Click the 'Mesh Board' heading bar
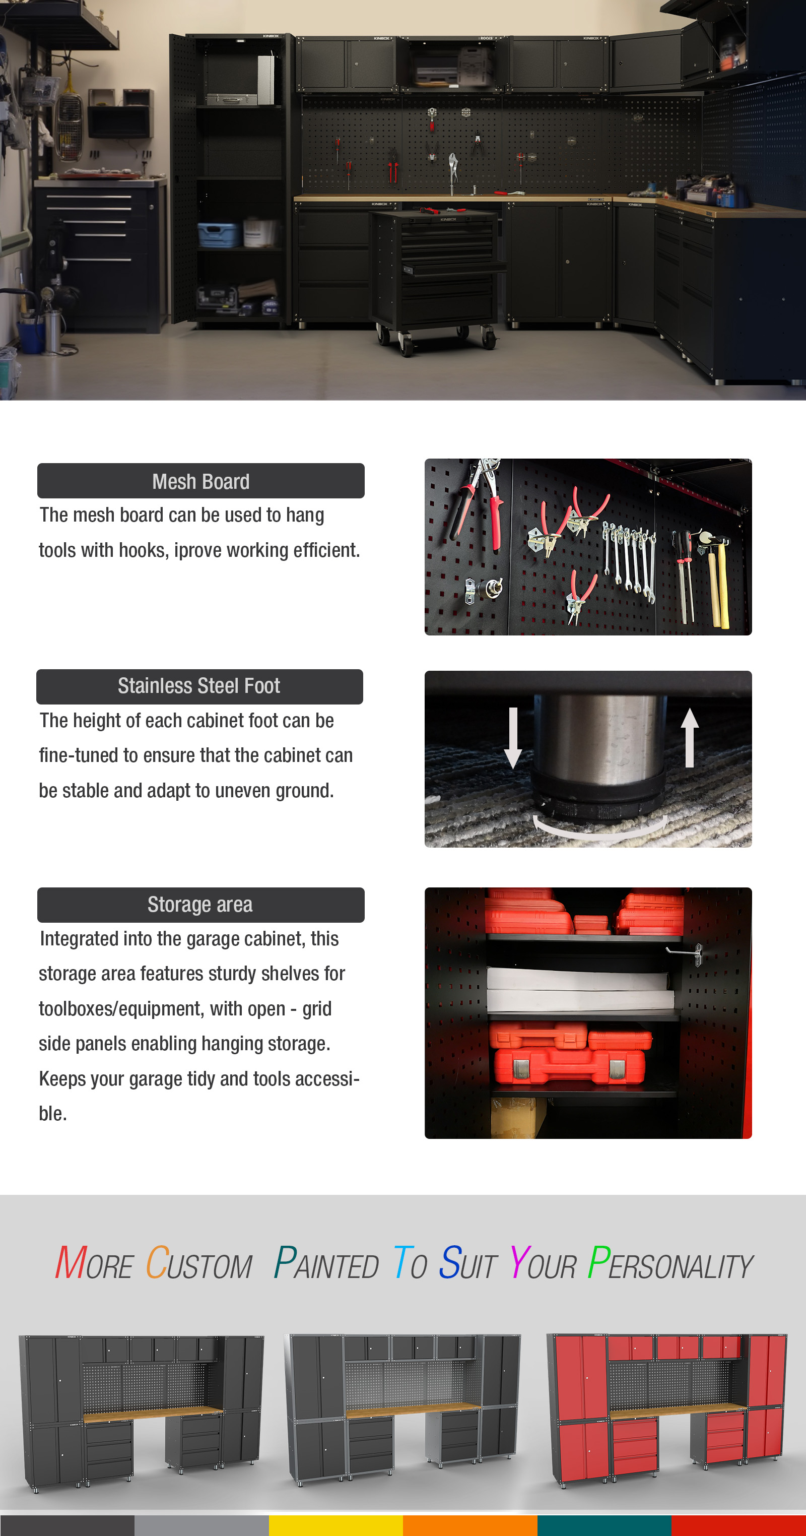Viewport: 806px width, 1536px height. (x=200, y=481)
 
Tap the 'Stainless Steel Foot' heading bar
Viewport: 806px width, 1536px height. (x=199, y=686)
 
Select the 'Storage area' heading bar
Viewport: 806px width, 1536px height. (x=200, y=905)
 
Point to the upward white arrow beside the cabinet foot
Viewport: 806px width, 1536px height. (x=690, y=737)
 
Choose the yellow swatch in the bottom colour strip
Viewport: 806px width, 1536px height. (x=335, y=1525)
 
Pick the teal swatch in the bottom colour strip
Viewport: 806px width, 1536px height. (x=604, y=1525)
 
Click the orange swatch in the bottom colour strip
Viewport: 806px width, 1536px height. (x=470, y=1525)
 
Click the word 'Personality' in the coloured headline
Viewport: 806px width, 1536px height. (x=670, y=1263)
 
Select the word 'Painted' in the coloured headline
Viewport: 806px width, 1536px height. (x=326, y=1263)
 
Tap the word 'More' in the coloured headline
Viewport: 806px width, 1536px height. (x=94, y=1263)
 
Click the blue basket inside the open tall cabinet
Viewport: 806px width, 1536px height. (x=219, y=234)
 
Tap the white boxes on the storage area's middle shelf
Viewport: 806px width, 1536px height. (x=580, y=990)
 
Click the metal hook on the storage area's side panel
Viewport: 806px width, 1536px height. (x=686, y=951)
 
